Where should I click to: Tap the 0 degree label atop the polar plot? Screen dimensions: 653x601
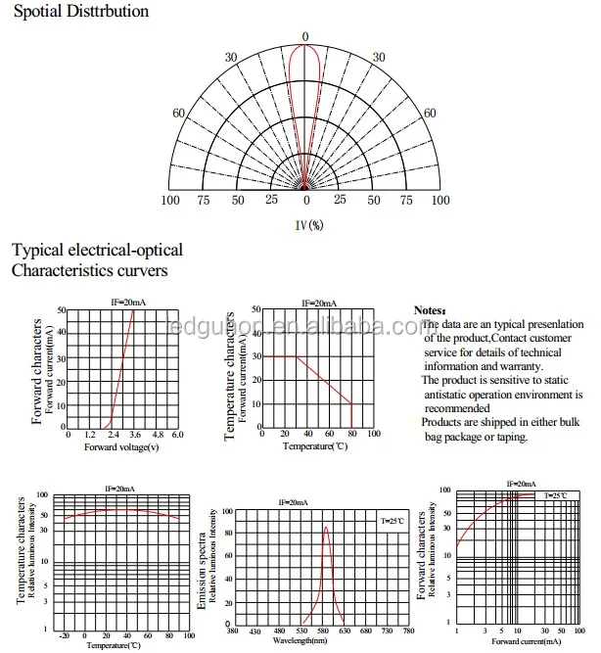pos(304,37)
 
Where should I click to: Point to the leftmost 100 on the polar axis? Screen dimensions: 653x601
pos(170,200)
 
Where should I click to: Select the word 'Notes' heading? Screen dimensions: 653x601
pos(429,309)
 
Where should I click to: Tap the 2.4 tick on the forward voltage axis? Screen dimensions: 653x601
pos(113,434)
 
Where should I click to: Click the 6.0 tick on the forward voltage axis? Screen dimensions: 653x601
pos(177,434)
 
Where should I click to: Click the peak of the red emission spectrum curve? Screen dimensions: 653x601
pos(326,529)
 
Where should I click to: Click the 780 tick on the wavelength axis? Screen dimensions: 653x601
pos(407,631)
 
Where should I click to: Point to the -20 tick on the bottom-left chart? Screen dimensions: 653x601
pos(65,634)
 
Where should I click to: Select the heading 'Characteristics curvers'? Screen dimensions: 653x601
pos(89,269)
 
